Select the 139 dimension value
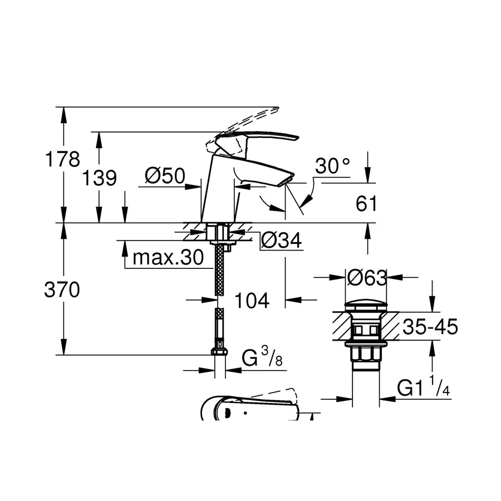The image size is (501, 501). pyautogui.click(x=100, y=178)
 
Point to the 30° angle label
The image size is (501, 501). pyautogui.click(x=333, y=165)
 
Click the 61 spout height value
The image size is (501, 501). pyautogui.click(x=366, y=204)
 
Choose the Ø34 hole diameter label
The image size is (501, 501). pyautogui.click(x=281, y=240)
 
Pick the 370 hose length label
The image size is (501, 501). pyautogui.click(x=62, y=289)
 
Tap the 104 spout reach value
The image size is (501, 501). pyautogui.click(x=251, y=301)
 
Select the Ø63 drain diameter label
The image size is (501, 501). pyautogui.click(x=366, y=277)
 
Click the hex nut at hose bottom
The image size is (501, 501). pyautogui.click(x=218, y=353)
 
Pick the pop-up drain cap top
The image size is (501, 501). pyautogui.click(x=366, y=305)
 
